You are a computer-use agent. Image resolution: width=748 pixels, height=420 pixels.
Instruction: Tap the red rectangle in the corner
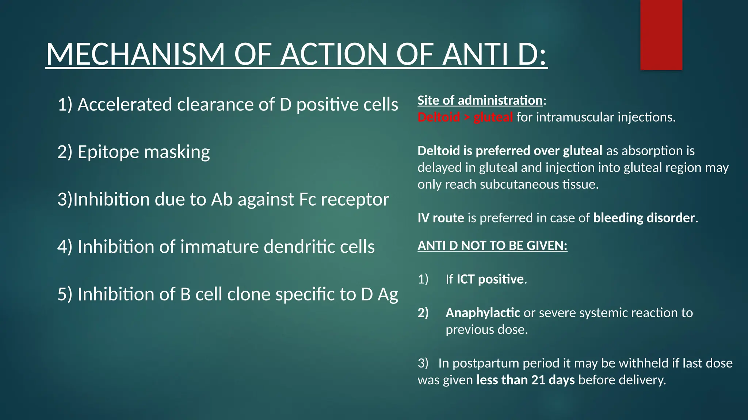point(661,35)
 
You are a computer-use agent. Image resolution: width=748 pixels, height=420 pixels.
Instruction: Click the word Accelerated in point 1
point(125,105)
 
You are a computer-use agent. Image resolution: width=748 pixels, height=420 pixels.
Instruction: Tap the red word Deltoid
point(439,117)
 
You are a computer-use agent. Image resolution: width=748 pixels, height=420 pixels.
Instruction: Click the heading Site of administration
point(480,100)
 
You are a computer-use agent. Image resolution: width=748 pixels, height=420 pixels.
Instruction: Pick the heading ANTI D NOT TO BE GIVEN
point(492,245)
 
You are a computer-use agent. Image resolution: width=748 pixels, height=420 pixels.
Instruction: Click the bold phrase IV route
point(440,218)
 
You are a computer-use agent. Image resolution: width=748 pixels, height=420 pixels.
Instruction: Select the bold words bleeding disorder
point(644,218)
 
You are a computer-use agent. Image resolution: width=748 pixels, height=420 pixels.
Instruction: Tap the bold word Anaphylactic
point(482,312)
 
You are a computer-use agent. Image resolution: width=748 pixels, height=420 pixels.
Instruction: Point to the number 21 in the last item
point(538,380)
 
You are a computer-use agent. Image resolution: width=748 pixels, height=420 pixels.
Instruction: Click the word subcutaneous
point(519,184)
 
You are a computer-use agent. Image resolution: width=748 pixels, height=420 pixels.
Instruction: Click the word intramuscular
point(575,117)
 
